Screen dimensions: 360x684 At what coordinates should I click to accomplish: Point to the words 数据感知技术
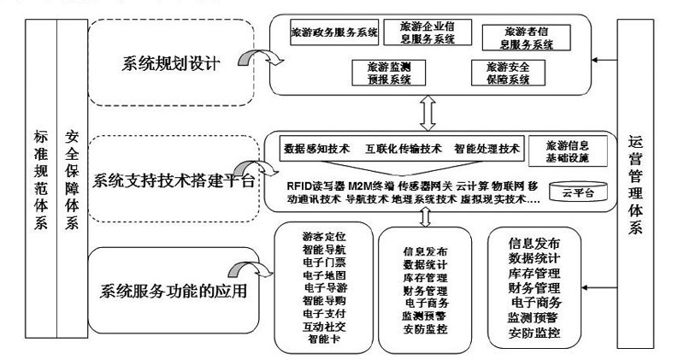coord(317,148)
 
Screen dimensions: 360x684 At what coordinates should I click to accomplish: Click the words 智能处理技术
coord(486,148)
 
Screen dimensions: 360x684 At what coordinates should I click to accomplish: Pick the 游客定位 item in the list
coord(323,235)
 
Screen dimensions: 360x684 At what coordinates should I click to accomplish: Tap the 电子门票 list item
coord(323,263)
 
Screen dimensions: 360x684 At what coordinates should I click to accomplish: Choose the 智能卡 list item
coord(323,339)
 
